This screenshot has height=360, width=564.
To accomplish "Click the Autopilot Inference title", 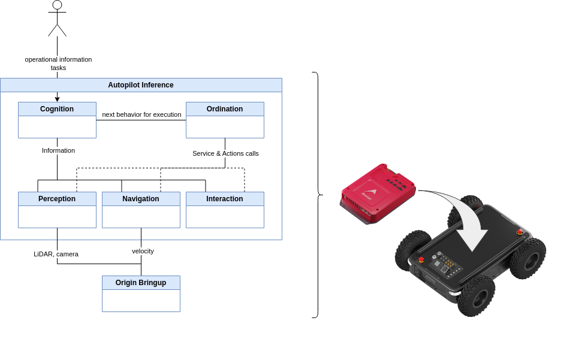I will coord(141,85).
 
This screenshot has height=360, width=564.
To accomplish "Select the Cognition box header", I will coord(57,109).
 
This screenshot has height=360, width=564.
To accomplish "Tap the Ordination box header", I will coord(225,109).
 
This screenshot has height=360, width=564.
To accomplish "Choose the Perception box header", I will coord(57,199).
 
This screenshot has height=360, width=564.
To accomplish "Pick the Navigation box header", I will coord(141,199).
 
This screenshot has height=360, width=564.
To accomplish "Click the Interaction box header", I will coord(225,199).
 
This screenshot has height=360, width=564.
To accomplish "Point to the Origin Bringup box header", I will coord(141,283).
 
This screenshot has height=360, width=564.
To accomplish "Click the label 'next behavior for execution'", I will coord(141,114).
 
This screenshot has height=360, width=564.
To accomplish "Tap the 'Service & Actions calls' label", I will coord(225,153).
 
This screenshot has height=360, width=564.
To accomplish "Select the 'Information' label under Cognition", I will coord(58,150).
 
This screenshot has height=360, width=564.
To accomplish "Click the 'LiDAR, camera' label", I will coord(56,254).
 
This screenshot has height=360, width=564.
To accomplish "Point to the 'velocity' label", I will coord(143,251).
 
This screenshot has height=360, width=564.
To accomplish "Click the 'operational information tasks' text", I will coord(58,63).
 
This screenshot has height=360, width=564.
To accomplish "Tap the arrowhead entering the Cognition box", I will coord(57,99).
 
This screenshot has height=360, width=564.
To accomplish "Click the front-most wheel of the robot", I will coord(476,296).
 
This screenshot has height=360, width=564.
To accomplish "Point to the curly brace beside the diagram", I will coord(317,195).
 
